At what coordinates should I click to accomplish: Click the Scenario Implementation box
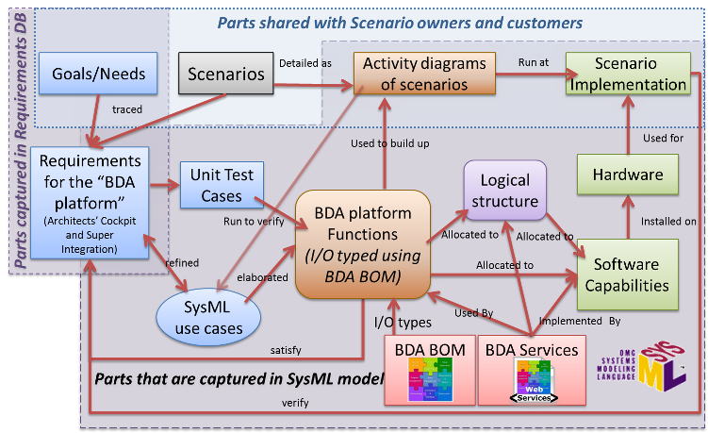628,75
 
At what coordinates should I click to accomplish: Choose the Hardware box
627,175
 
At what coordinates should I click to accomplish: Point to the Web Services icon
532,390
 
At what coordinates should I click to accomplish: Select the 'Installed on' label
667,222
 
